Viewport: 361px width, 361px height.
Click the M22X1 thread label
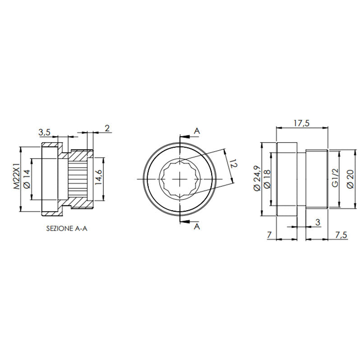click(17, 178)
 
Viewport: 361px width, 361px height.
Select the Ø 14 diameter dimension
click(26, 178)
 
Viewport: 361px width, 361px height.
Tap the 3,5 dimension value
click(44, 132)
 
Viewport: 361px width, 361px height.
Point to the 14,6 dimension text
click(99, 178)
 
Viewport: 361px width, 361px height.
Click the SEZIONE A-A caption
click(67, 229)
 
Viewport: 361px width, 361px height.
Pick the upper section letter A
click(197, 131)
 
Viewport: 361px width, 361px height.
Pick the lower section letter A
click(197, 227)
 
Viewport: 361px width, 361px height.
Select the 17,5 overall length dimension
click(301, 123)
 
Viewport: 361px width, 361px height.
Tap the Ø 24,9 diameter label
click(257, 179)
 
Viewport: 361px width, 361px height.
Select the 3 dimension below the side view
click(318, 222)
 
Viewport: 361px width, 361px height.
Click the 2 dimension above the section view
click(107, 128)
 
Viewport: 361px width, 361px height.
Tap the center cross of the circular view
click(180, 179)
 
